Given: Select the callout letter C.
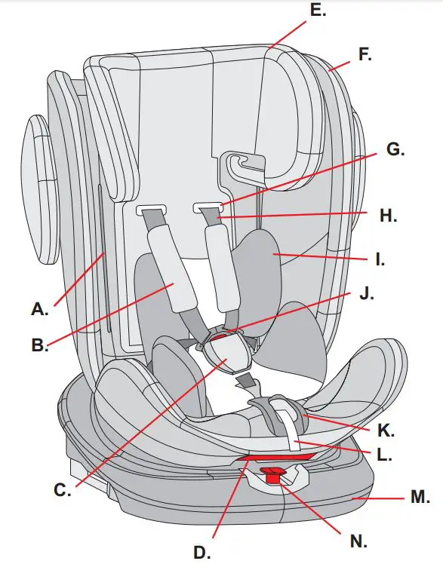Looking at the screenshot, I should pos(62,490).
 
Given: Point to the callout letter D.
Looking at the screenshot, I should pos(202,552).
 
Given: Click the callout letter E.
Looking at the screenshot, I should pos(318,11).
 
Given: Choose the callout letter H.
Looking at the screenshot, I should pos(388,216).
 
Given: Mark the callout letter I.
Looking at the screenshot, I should pos(380,261).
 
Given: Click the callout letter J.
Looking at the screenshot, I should pos(367,293).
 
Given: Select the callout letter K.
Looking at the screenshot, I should pos(384,432).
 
